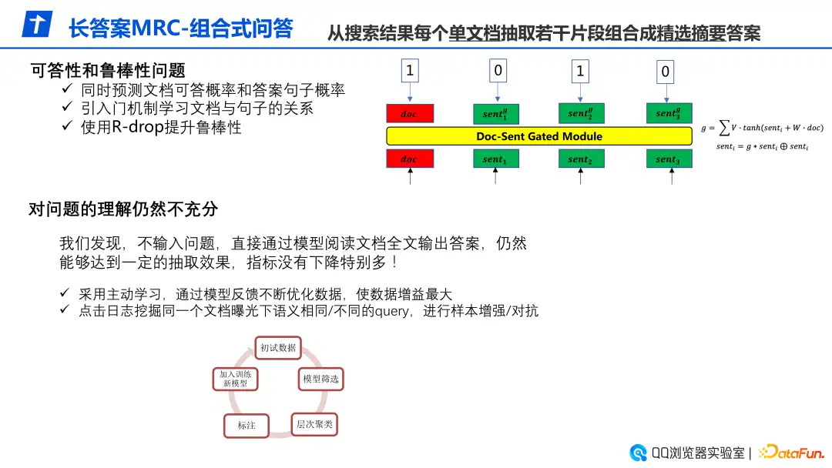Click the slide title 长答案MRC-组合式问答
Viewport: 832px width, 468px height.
tap(180, 28)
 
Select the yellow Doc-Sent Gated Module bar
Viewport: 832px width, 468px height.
tap(539, 136)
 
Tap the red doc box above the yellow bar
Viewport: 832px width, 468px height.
tap(410, 114)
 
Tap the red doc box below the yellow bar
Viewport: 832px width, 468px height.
tap(410, 159)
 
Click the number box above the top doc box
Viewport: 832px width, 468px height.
tap(410, 72)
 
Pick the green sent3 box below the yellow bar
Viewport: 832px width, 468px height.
tap(669, 159)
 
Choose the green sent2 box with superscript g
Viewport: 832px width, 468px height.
tap(581, 114)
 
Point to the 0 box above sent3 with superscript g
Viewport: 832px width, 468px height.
tap(666, 72)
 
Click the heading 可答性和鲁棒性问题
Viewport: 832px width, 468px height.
tap(107, 71)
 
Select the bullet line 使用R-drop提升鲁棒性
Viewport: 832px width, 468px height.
tap(161, 128)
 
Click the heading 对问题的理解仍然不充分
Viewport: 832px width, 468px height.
tap(123, 209)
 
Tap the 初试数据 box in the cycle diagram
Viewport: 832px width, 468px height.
tap(277, 348)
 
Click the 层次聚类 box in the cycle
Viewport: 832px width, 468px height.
tap(314, 424)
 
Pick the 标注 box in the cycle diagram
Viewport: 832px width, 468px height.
tap(247, 426)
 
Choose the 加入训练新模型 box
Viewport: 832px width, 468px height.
tap(235, 378)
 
